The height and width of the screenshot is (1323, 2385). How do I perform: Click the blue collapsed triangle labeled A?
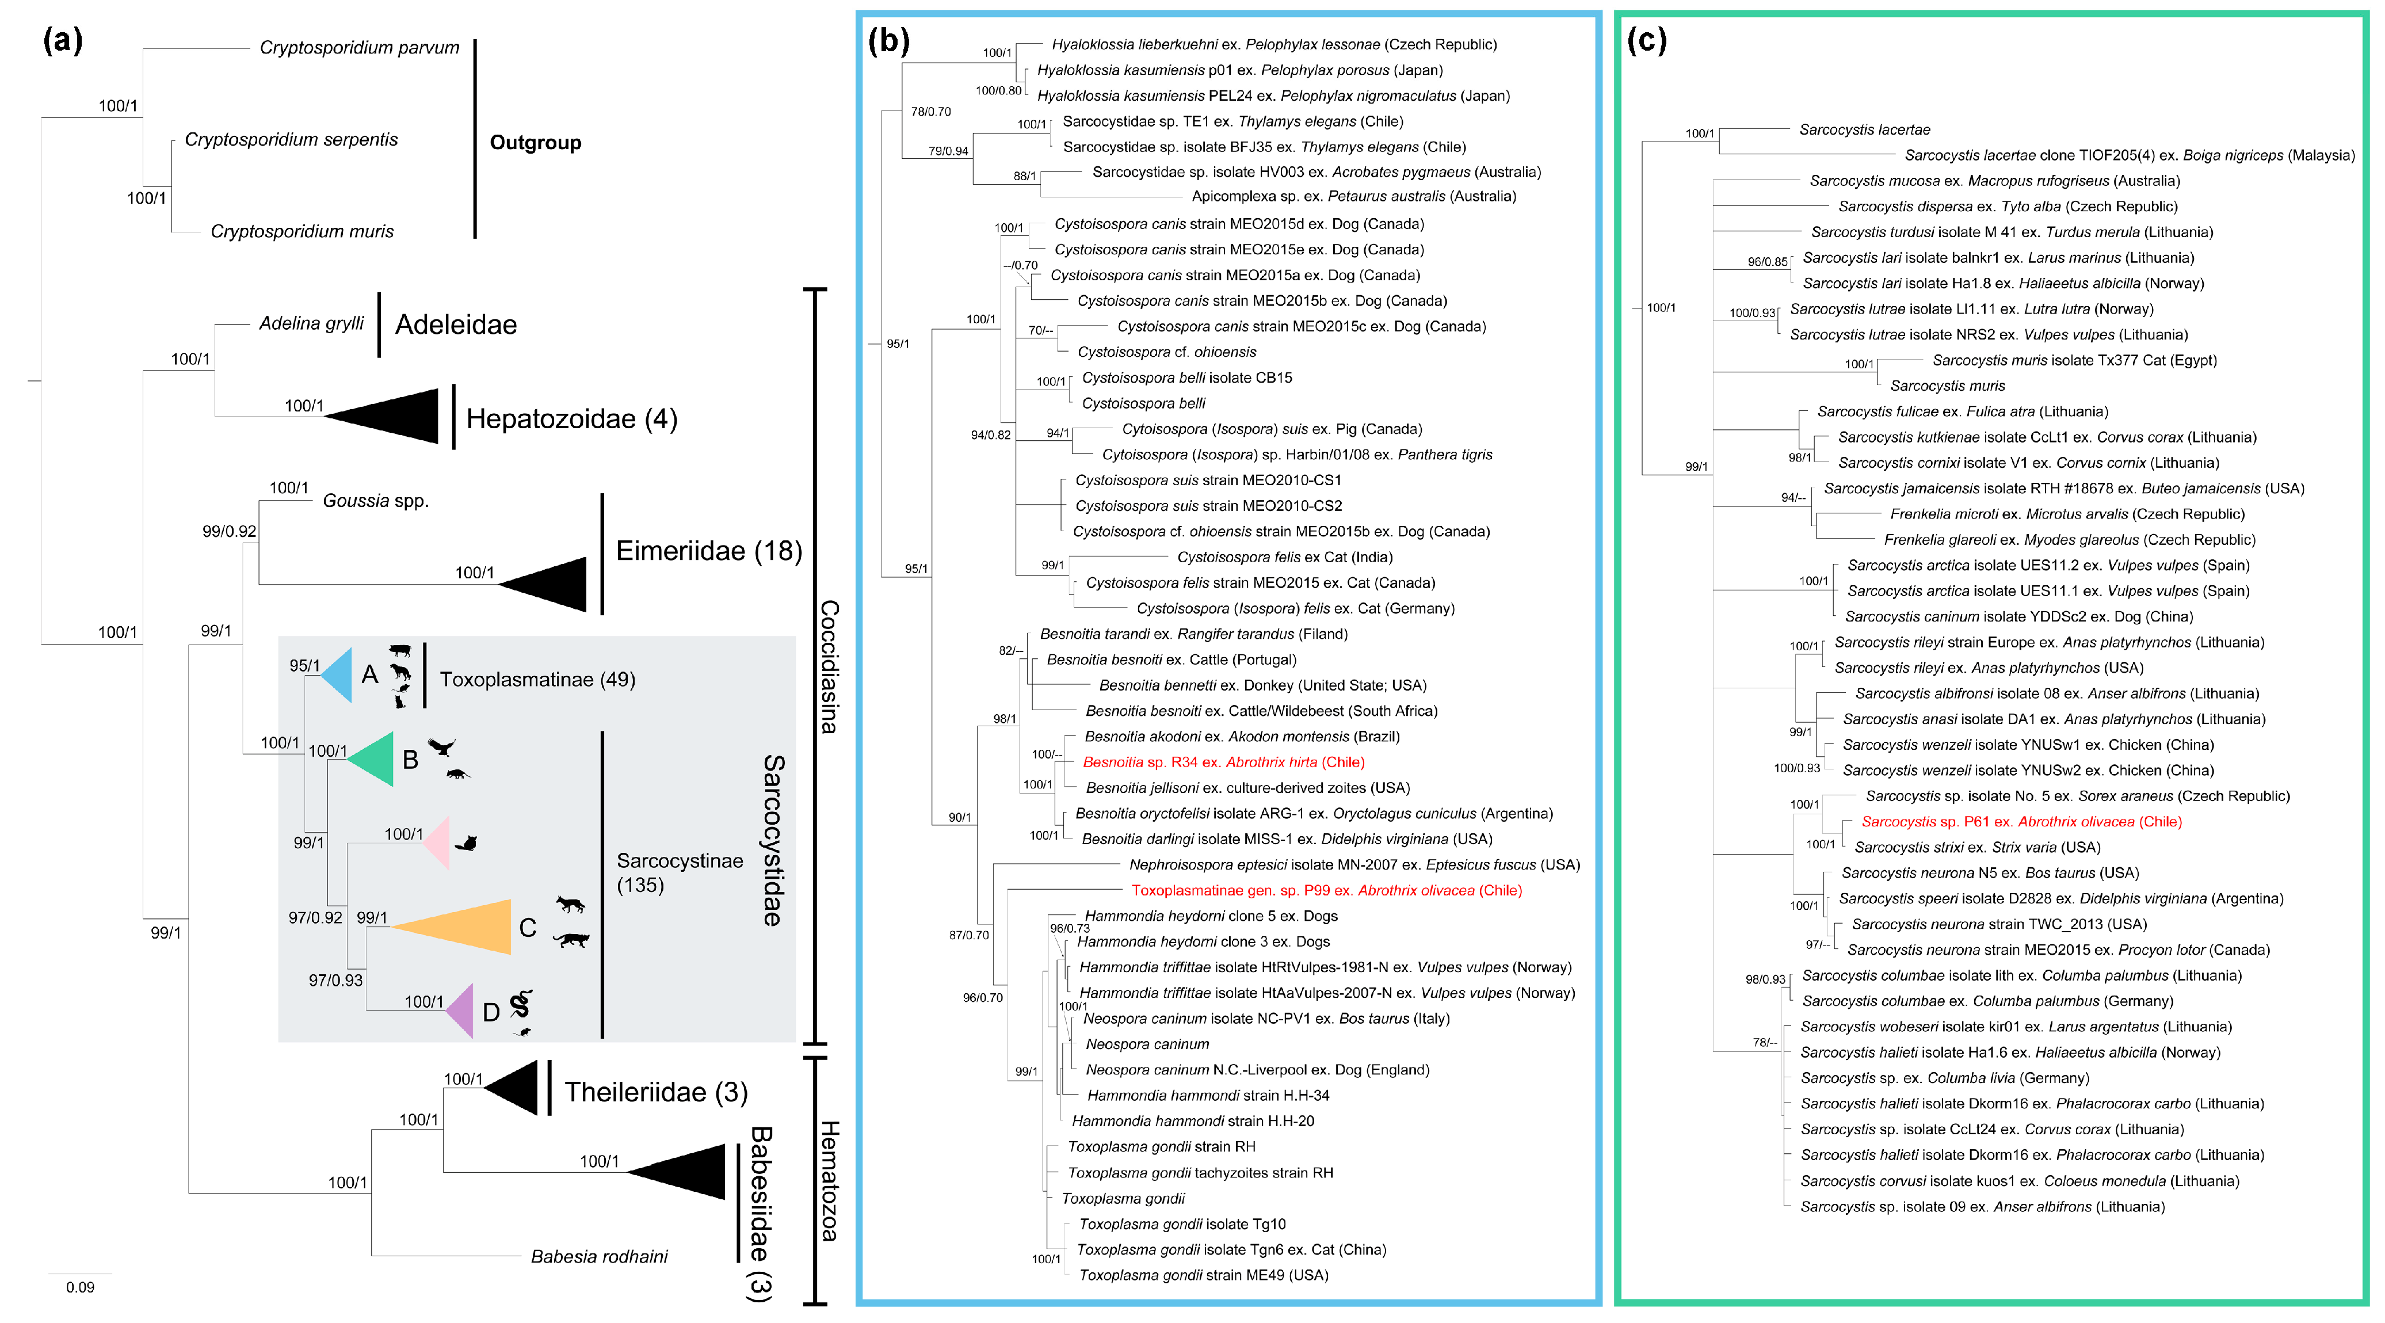coord(338,676)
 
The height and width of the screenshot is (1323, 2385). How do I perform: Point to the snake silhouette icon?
coord(521,1002)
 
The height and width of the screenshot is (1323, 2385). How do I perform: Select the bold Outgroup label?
coord(535,143)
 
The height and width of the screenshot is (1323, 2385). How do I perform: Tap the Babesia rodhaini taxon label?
coord(599,1256)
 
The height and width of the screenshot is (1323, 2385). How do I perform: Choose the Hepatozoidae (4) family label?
coord(571,420)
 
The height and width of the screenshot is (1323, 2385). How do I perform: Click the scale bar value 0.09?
coord(81,1287)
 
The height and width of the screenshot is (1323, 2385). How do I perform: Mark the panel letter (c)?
coord(1647,41)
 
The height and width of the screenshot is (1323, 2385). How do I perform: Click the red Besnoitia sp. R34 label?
coord(1224,762)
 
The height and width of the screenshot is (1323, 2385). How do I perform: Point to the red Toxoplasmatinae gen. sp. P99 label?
coord(1326,891)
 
